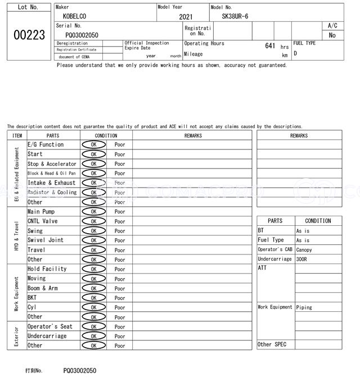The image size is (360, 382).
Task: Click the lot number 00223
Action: point(29,35)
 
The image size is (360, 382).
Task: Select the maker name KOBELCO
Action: point(75,17)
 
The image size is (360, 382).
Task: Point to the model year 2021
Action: point(184,17)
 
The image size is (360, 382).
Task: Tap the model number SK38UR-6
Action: point(235,16)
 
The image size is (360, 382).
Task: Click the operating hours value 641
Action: point(270,46)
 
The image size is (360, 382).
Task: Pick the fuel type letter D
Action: point(295,54)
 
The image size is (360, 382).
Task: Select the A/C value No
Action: point(332,35)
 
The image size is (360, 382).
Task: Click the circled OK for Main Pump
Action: point(93,212)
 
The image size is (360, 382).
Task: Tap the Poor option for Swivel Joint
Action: point(120,240)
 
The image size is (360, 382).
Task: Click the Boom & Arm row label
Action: point(43,288)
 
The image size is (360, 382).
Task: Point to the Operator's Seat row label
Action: point(50,326)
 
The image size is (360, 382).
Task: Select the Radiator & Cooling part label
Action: point(52,192)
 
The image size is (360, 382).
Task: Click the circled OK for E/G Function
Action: point(93,144)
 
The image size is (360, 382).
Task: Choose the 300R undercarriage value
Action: point(303,260)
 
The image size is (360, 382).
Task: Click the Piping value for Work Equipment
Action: point(304,307)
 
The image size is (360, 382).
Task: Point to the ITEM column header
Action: point(17,135)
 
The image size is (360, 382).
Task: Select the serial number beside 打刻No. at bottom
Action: point(79,371)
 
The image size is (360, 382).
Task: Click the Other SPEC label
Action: point(272,344)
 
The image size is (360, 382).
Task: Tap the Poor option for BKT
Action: point(120,298)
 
